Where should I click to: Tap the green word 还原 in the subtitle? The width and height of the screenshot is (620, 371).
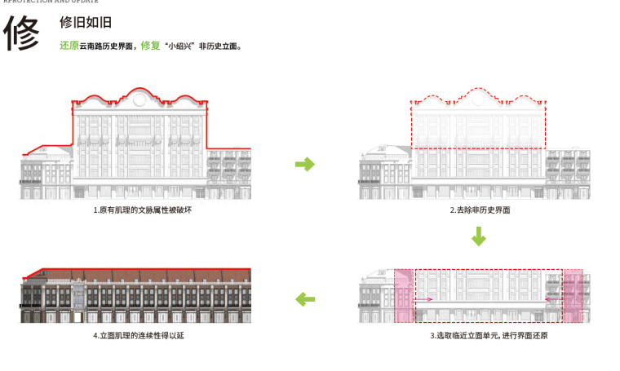tap(69, 46)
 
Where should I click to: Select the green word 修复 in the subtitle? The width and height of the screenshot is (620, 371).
tap(150, 46)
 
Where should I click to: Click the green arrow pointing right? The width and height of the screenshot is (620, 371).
tap(304, 165)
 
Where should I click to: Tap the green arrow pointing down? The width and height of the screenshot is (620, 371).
tap(479, 237)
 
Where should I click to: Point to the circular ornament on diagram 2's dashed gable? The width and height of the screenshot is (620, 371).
tap(478, 100)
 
